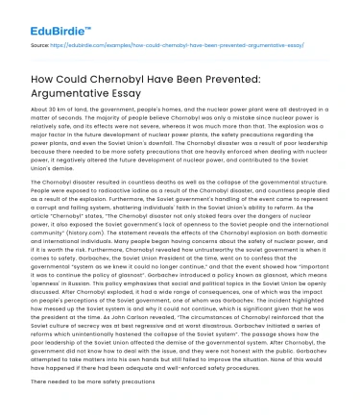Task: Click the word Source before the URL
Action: (39, 44)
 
